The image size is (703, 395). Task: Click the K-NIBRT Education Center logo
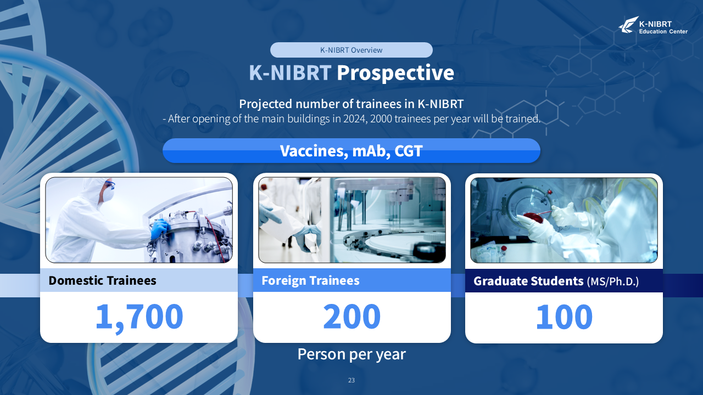tap(653, 25)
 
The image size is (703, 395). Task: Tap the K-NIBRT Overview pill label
tap(351, 50)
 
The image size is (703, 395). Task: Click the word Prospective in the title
tap(395, 72)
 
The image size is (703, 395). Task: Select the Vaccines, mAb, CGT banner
tap(351, 150)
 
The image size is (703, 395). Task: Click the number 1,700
tap(139, 317)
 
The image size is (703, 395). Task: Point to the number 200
tap(351, 317)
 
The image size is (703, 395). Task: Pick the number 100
tap(564, 317)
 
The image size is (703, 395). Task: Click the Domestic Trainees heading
tap(102, 280)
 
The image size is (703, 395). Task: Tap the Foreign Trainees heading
tap(310, 280)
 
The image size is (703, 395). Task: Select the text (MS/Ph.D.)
tap(612, 281)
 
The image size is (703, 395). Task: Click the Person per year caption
tap(351, 354)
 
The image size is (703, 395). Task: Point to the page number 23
tap(351, 380)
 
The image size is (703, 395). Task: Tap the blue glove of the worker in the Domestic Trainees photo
tap(159, 229)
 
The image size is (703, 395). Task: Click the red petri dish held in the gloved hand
tap(533, 217)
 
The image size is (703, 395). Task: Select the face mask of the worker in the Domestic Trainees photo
tap(109, 194)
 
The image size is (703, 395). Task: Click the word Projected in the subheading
tap(265, 104)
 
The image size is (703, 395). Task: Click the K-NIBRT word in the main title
tap(290, 72)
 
